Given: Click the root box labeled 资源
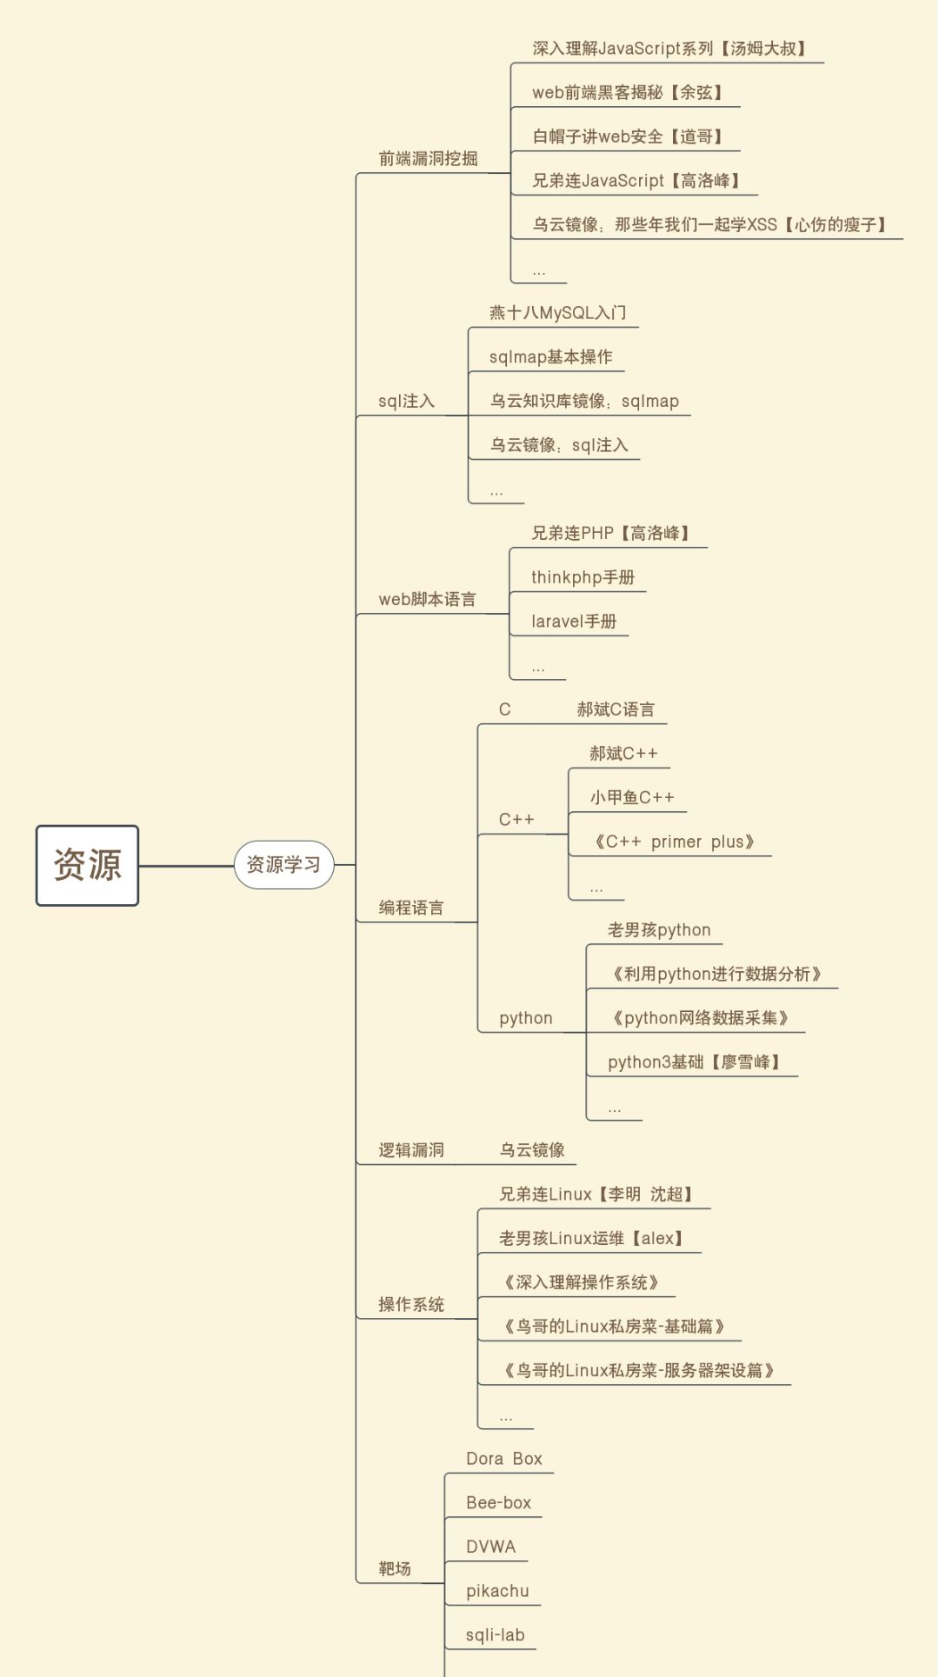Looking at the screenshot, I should coord(87,865).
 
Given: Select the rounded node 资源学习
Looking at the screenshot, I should coord(283,865).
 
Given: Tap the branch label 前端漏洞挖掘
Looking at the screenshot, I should coord(428,158).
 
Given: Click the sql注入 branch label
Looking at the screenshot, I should coord(406,401).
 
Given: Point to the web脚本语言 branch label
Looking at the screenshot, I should coord(427,599).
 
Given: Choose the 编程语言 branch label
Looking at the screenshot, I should coord(411,908).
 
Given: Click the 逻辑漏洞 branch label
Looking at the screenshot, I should coord(411,1150).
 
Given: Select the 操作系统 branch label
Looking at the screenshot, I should coord(411,1304).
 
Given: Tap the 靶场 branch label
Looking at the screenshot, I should coord(395,1568).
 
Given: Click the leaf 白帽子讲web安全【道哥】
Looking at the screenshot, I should coord(628,136).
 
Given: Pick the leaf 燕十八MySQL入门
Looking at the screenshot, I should coord(557,313).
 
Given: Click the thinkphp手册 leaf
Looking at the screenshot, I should coord(583,577).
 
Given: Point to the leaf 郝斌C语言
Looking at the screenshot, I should coord(616,709).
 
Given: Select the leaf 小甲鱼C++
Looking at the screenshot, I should coord(632,797).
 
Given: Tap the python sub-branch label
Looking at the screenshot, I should coord(525,1018).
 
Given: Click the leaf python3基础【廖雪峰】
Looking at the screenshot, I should coord(694,1062).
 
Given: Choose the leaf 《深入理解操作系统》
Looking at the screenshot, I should coord(581,1282).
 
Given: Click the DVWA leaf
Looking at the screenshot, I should coord(490,1547).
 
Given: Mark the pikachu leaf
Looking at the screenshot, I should coord(497,1591).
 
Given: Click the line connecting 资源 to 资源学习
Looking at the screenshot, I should coord(186,866).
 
